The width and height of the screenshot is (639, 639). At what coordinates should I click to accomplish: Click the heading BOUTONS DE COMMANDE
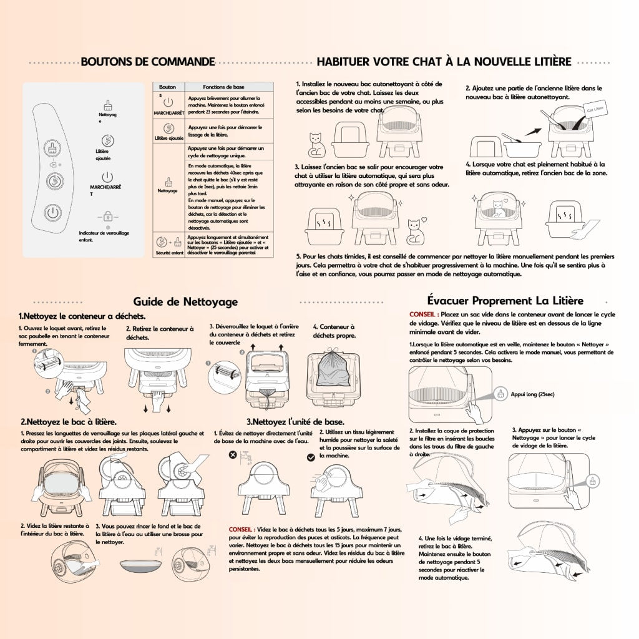click(148, 62)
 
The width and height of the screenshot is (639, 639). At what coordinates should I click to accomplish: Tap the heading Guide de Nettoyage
click(185, 301)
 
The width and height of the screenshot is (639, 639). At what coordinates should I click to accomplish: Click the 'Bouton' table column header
click(167, 88)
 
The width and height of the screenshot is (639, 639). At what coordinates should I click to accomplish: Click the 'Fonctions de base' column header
click(225, 88)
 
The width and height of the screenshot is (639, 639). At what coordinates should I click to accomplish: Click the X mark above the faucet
click(233, 456)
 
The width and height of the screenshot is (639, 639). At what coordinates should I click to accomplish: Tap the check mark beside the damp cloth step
click(311, 457)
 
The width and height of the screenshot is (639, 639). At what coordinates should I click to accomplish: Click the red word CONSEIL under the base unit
click(240, 529)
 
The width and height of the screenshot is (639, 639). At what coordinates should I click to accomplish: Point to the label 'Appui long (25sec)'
click(532, 394)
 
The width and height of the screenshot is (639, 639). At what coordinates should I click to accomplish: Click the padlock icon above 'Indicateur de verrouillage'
click(108, 217)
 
